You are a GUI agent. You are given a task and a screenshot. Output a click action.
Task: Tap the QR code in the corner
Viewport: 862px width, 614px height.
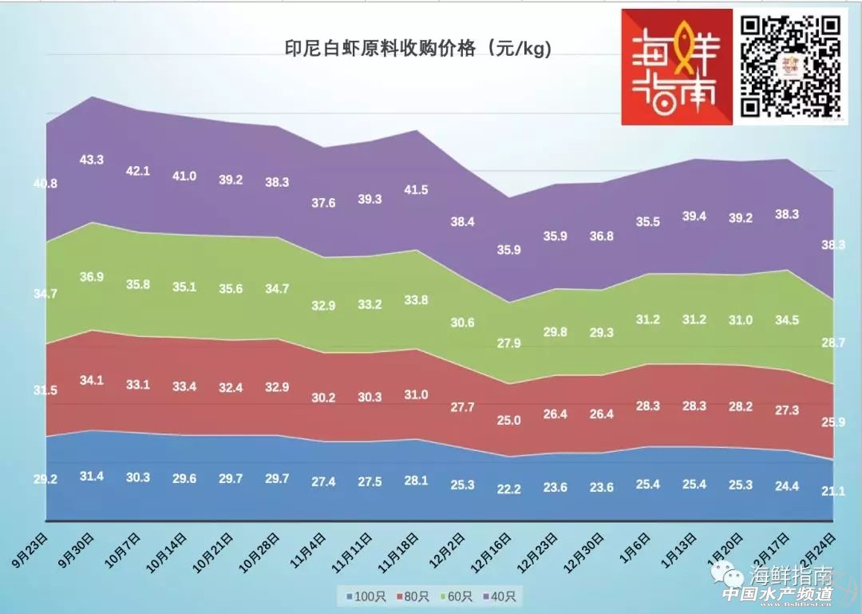click(791, 66)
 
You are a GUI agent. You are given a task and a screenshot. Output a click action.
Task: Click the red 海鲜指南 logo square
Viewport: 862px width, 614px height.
click(677, 66)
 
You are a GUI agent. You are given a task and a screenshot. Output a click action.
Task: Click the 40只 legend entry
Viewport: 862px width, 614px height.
click(500, 596)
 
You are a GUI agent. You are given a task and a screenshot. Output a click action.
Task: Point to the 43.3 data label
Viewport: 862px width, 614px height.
click(92, 160)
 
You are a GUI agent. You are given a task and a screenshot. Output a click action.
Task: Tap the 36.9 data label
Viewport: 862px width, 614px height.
click(92, 277)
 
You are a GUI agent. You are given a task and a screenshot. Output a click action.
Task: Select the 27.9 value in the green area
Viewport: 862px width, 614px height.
click(508, 343)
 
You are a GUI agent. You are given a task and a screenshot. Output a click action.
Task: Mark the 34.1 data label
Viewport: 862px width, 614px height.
click(92, 380)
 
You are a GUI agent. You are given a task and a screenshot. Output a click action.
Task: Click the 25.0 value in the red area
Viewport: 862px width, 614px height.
click(508, 420)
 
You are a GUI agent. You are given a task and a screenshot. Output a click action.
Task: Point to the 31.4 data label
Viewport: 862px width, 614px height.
click(92, 476)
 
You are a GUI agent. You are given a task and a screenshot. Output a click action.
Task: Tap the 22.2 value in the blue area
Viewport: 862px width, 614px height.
click(508, 489)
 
